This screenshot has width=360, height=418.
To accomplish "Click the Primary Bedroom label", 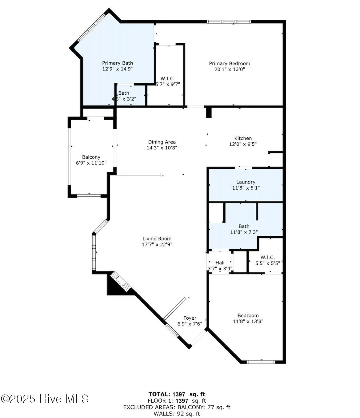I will (x=230, y=64).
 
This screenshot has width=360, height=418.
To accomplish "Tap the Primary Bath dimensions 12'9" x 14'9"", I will (x=118, y=69).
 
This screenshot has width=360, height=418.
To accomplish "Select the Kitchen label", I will (x=243, y=138).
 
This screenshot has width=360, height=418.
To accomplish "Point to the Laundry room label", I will (x=246, y=182).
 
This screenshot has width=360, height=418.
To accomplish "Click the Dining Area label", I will (x=162, y=142).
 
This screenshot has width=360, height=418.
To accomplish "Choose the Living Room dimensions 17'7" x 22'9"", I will (x=157, y=245).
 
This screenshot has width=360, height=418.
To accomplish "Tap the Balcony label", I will (x=91, y=157).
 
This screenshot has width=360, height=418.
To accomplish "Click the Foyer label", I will (x=190, y=318).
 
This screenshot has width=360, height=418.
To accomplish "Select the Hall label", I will (x=220, y=263).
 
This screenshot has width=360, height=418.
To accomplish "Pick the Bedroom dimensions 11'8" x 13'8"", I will (x=248, y=321).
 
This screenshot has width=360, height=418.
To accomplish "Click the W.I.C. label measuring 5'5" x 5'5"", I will (x=267, y=258).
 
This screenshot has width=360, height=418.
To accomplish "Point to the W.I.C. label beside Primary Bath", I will (x=168, y=79).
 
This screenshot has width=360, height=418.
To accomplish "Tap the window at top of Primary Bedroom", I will (x=229, y=22).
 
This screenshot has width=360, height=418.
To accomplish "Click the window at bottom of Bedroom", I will (x=261, y=362).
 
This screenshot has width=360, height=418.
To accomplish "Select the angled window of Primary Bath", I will (x=91, y=28).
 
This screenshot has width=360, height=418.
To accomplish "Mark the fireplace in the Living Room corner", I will (x=121, y=281).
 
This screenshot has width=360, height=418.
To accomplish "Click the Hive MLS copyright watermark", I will (x=45, y=399).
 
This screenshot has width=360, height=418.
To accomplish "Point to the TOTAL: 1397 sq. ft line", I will (x=177, y=394).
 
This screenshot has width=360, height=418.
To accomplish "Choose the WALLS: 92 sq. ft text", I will (x=177, y=414).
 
